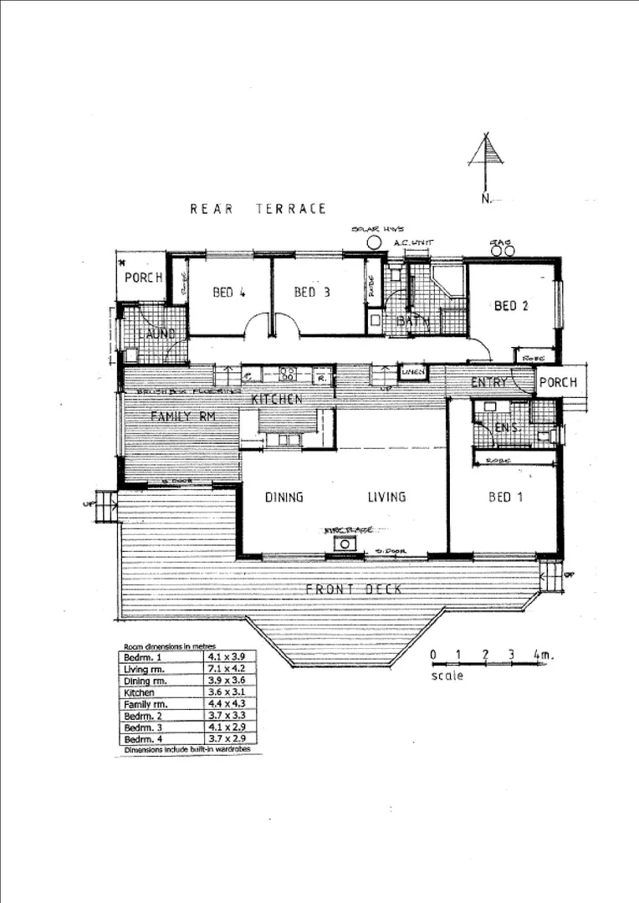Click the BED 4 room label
click(228, 293)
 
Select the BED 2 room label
click(511, 306)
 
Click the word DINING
click(284, 497)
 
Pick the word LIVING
click(386, 497)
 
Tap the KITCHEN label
click(277, 400)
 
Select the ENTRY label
click(489, 383)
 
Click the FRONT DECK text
click(354, 590)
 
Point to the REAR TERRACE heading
click(258, 209)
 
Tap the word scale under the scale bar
click(447, 676)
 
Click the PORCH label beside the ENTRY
click(556, 383)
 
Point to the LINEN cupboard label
click(412, 372)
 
